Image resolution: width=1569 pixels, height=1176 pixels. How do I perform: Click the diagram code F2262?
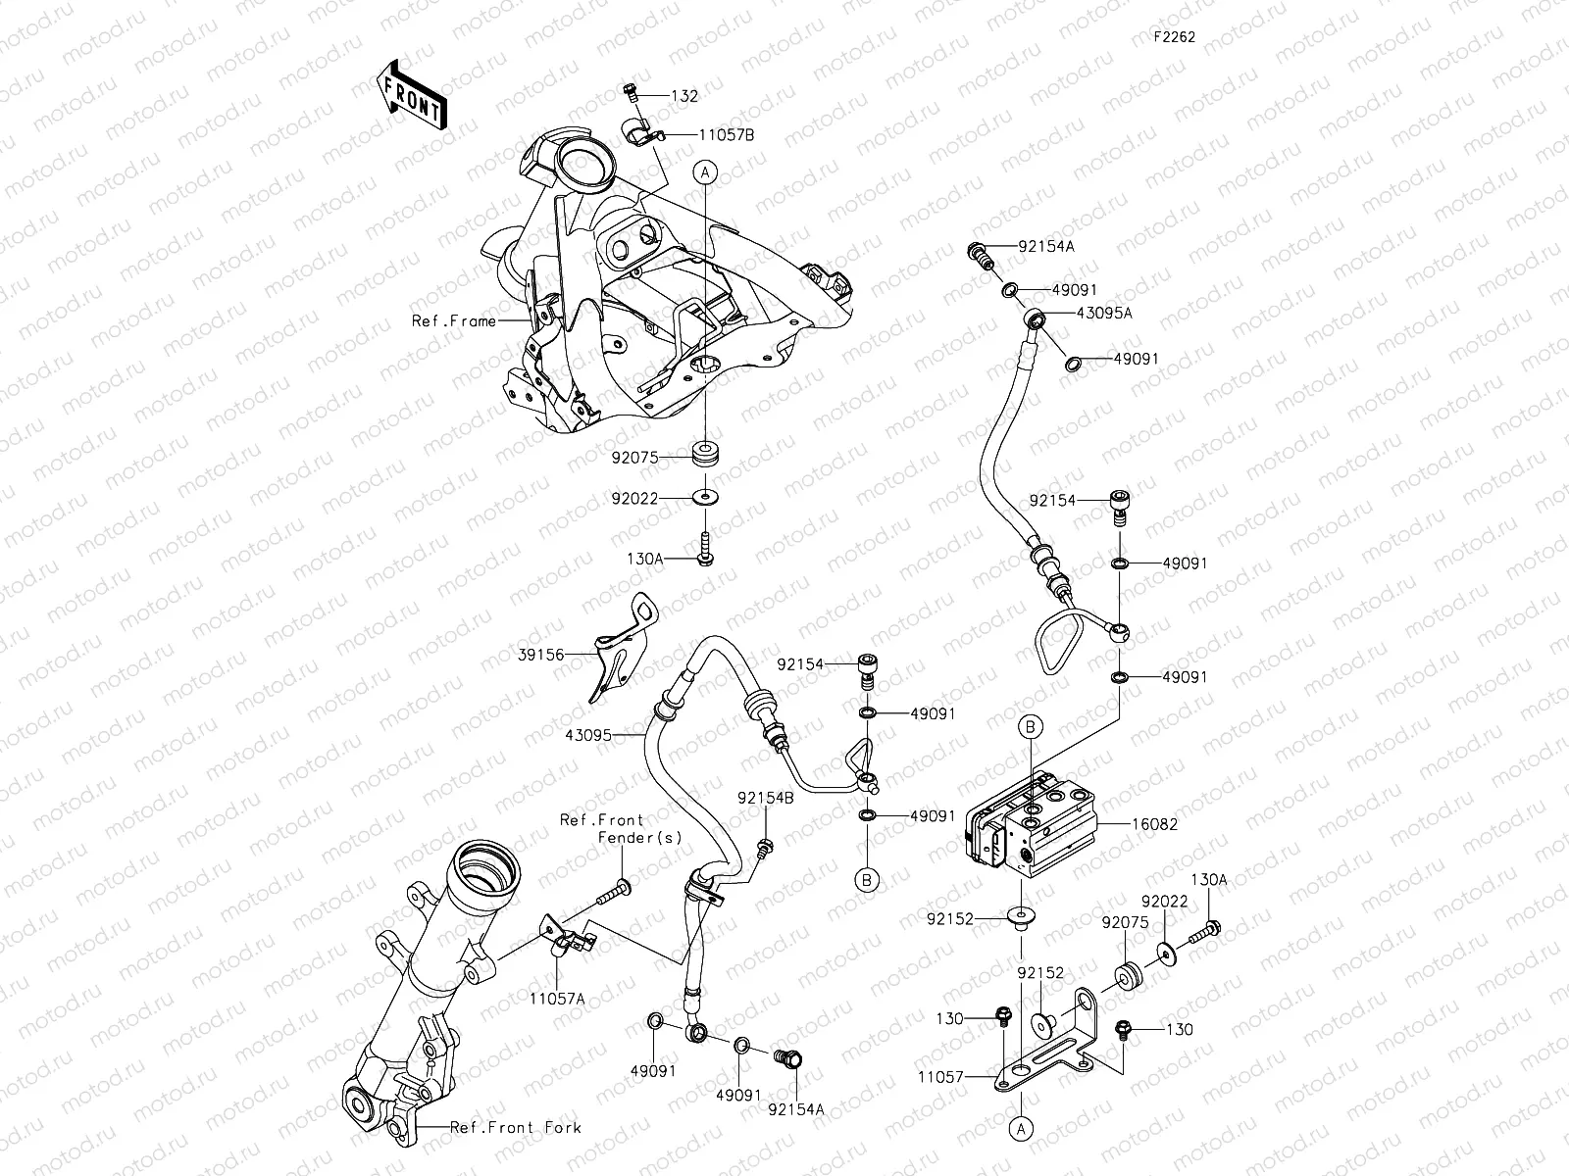(1174, 36)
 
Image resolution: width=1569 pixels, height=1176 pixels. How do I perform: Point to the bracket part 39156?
(620, 652)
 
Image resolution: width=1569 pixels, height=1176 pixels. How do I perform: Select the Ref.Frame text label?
(453, 321)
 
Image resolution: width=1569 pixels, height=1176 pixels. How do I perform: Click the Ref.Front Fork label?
(515, 1128)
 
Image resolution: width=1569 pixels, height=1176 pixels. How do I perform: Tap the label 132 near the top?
(684, 96)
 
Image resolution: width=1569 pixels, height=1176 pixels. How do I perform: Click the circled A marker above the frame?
(705, 172)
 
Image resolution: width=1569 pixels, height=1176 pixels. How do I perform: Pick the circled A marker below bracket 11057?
(1021, 1129)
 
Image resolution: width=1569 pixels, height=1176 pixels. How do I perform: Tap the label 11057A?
(558, 998)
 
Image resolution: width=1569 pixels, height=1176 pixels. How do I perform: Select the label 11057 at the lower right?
(940, 1077)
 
